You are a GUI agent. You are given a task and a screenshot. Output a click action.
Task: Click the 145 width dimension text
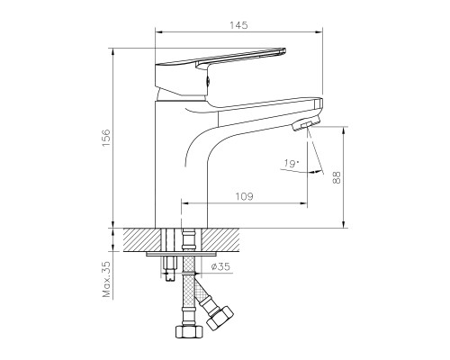pyautogui.click(x=238, y=26)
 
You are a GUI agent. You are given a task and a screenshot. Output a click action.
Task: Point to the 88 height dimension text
pyautogui.click(x=337, y=176)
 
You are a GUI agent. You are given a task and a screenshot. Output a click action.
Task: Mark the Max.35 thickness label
pyautogui.click(x=104, y=280)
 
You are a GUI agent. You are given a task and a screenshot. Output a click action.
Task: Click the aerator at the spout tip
pyautogui.click(x=309, y=121)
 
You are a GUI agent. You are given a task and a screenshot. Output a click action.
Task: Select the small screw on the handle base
pyautogui.click(x=209, y=82)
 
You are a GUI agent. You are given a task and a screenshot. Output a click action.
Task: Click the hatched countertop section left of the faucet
pyautogui.click(x=137, y=239)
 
